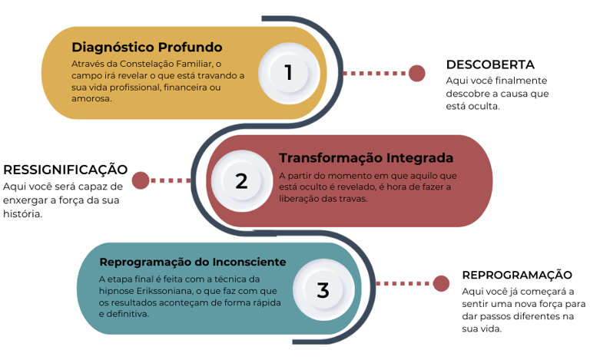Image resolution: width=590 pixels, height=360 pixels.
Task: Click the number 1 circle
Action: point(288,72)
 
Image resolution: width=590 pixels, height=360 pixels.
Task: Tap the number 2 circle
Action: point(241,181)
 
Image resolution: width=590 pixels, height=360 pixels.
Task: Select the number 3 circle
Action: point(323,289)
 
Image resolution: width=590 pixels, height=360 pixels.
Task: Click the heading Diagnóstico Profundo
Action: point(147,47)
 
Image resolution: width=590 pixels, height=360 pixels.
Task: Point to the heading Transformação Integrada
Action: point(366,158)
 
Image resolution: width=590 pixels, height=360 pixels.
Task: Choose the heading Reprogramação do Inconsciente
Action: point(193,262)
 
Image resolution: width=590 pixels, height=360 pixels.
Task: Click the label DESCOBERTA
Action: point(490,64)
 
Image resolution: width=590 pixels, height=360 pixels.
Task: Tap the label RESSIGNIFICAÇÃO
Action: point(65,170)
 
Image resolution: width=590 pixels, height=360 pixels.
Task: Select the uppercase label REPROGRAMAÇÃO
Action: point(517,275)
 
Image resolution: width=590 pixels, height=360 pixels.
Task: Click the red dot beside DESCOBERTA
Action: point(416,73)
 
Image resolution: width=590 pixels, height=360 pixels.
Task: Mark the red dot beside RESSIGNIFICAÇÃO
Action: point(140,180)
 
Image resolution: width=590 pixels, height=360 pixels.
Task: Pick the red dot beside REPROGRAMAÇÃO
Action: point(441,283)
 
